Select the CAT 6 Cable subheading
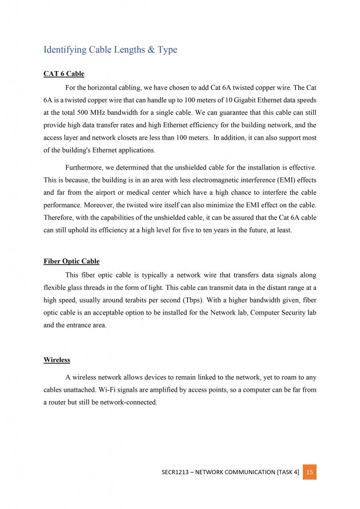pyautogui.click(x=64, y=74)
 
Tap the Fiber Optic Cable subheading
pyautogui.click(x=71, y=261)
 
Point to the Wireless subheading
pyautogui.click(x=57, y=360)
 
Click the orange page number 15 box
pyautogui.click(x=309, y=472)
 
